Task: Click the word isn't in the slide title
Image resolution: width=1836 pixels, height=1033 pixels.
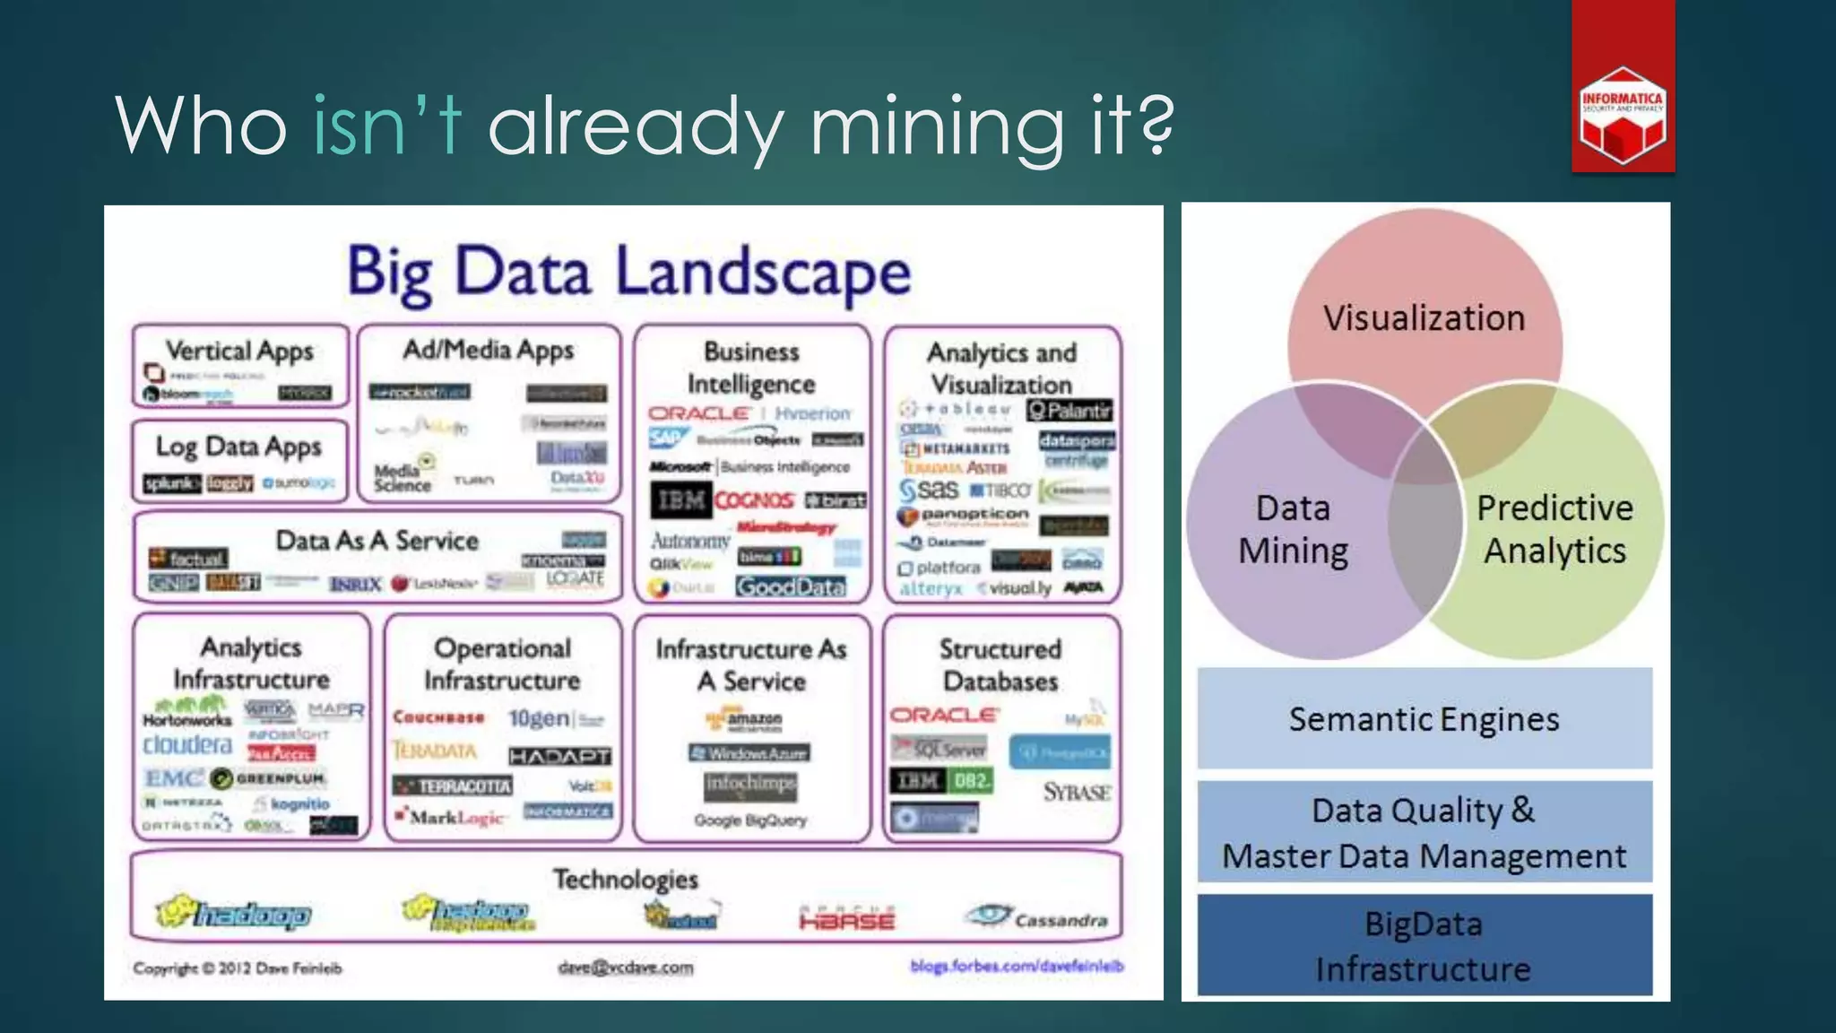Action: coord(386,126)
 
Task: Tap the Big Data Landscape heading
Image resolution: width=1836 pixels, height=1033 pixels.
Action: coord(628,271)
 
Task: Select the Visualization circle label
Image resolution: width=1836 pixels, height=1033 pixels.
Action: coord(1424,318)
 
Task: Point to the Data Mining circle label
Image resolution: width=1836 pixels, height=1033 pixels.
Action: coord(1293,529)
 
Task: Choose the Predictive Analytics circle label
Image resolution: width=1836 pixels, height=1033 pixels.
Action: coord(1555,529)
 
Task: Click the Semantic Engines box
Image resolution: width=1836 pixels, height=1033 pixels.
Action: coord(1424,719)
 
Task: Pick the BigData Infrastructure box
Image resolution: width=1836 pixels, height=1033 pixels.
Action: coord(1424,946)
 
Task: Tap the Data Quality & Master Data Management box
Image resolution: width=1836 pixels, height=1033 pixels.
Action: coord(1424,833)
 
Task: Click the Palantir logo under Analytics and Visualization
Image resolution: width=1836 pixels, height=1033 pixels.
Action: coord(1070,411)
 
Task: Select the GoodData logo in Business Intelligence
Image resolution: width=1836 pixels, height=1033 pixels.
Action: coord(790,586)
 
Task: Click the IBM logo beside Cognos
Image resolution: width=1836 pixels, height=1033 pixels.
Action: coord(680,499)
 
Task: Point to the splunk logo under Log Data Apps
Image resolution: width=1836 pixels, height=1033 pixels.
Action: coord(171,483)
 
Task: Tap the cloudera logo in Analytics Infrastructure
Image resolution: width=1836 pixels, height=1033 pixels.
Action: coord(187,745)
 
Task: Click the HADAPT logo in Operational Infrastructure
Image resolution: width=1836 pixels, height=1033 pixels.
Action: coord(559,756)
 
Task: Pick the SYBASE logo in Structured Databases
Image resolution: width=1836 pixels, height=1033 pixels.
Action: coord(1077,792)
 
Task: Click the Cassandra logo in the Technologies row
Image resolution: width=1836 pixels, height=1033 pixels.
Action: coord(1037,917)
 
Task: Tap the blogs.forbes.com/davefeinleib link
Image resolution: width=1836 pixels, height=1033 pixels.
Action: coord(1017,966)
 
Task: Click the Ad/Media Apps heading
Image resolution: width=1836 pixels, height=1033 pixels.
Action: coord(488,350)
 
